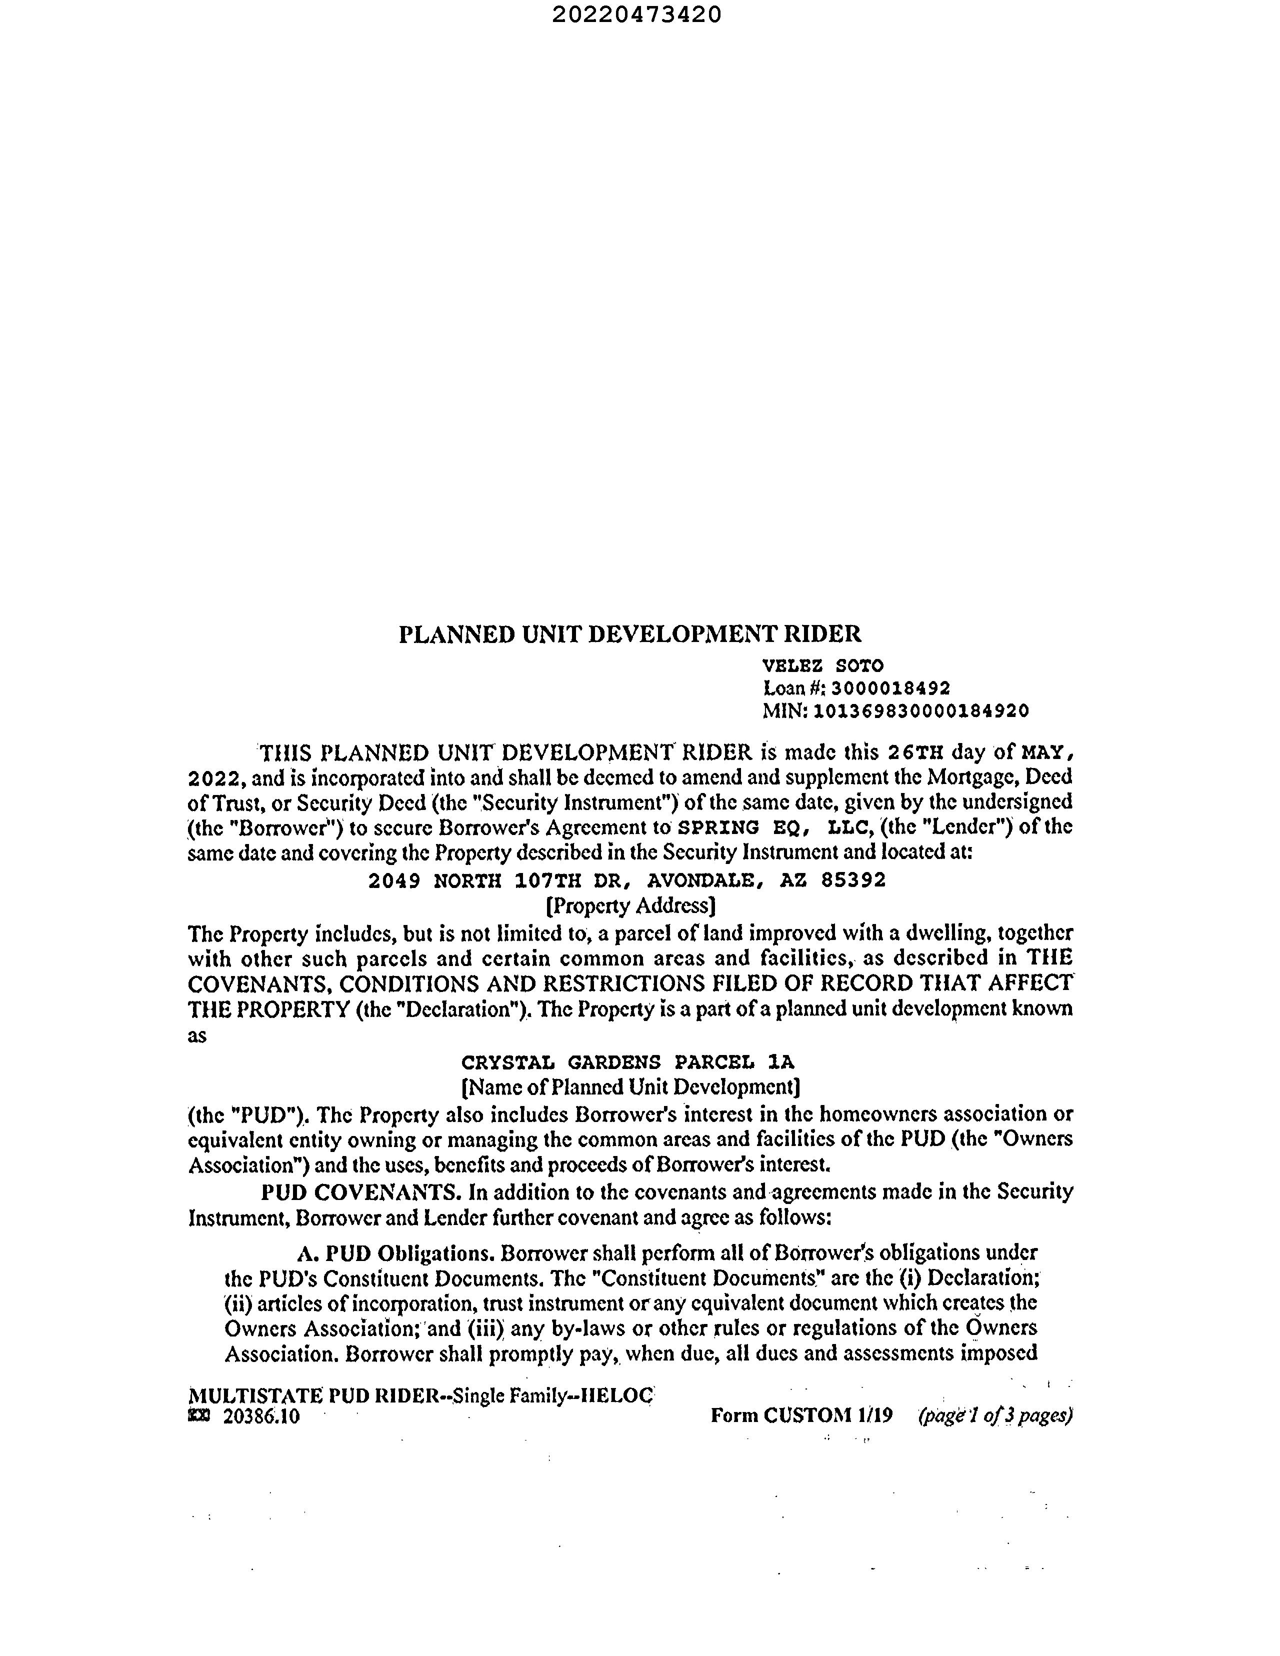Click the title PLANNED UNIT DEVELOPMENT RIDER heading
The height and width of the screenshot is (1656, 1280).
tap(629, 634)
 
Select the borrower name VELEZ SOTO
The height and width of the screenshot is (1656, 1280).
tap(822, 665)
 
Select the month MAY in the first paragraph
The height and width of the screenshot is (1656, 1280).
tap(1046, 753)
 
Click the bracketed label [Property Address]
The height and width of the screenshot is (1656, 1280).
tap(630, 906)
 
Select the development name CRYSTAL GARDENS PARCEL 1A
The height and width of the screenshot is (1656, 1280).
tap(628, 1061)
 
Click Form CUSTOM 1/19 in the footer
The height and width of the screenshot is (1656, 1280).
tap(801, 1415)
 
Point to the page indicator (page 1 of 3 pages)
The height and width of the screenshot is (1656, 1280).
tap(995, 1415)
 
